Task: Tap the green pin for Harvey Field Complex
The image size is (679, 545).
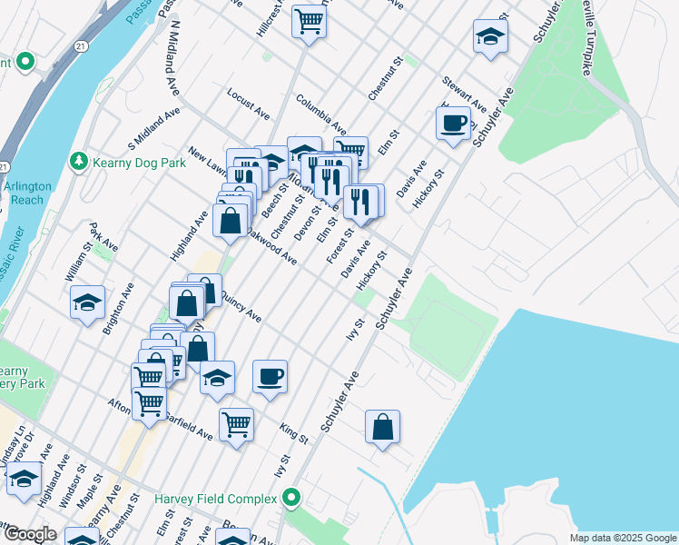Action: [291, 499]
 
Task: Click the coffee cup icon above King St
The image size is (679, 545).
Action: [269, 376]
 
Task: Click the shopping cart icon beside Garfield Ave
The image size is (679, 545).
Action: [236, 423]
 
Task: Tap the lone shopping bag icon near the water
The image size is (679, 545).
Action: [383, 425]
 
